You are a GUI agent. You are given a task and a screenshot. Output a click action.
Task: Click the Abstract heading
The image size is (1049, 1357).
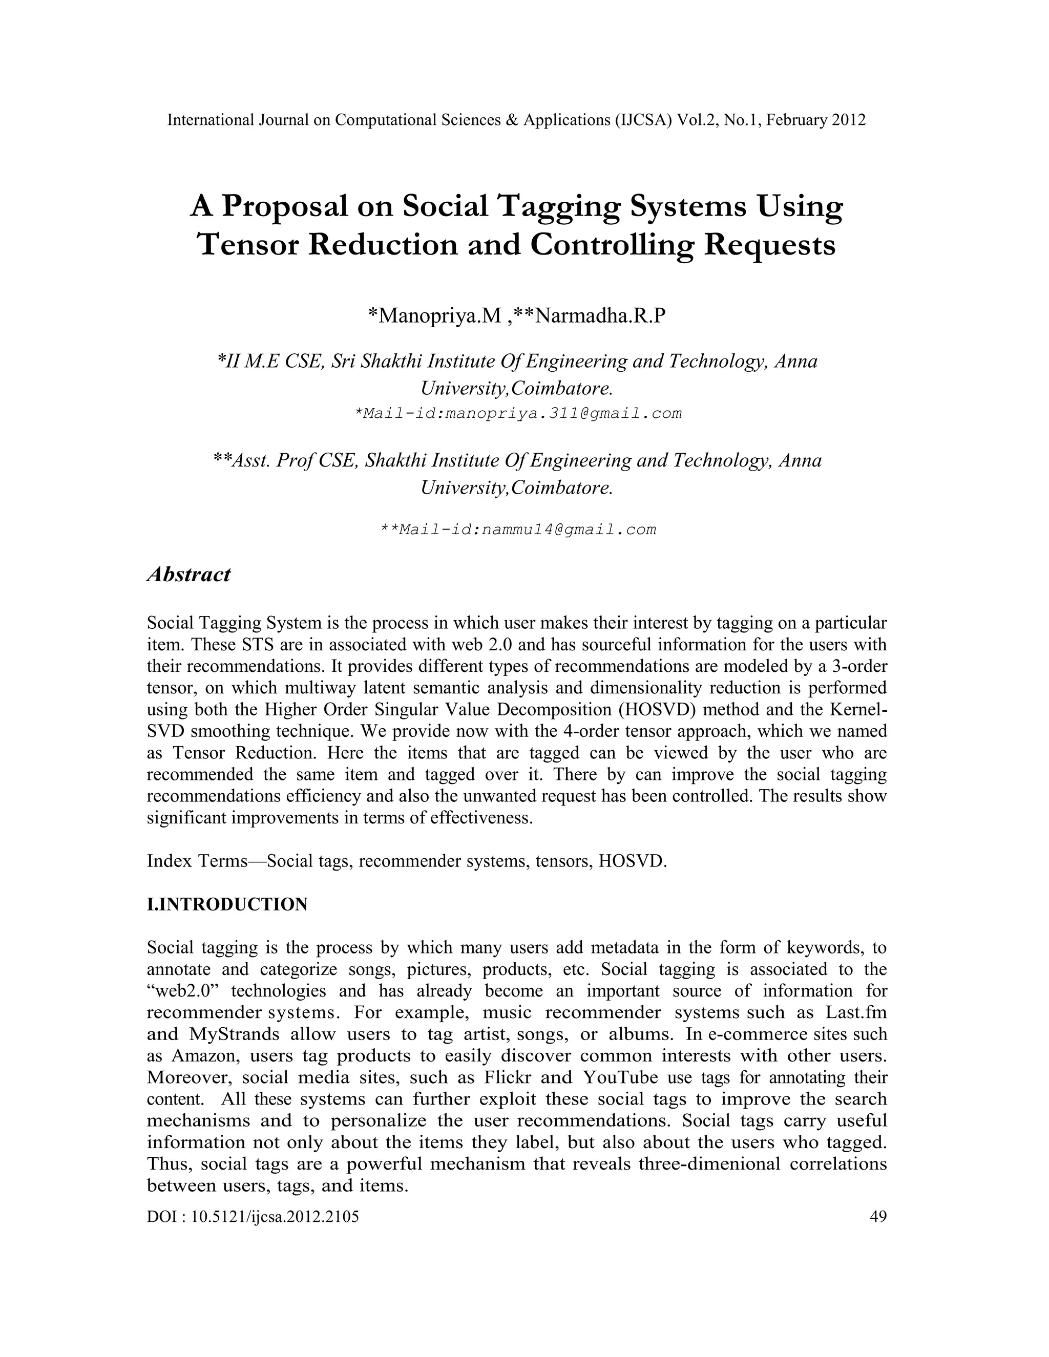click(x=188, y=575)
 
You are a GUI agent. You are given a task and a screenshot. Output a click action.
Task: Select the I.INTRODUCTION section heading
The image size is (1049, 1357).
click(x=227, y=904)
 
